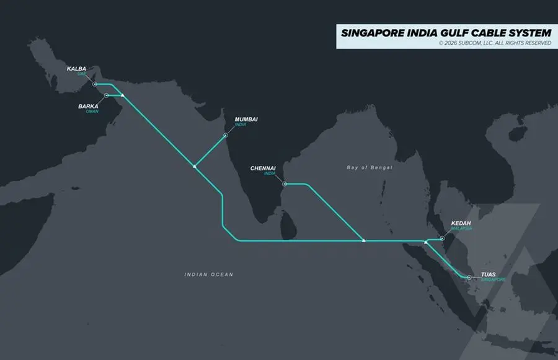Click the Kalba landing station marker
tap(94, 84)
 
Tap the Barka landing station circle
tap(107, 95)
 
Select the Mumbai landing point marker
tap(226, 134)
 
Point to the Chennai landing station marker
tap(284, 183)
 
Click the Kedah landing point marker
tap(442, 238)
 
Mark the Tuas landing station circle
tap(469, 277)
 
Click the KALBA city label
tap(76, 69)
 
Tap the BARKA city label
tap(88, 106)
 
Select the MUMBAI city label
tap(246, 119)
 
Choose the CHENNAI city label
tap(263, 168)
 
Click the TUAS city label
tap(489, 274)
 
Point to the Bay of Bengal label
tap(370, 167)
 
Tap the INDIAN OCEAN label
tap(209, 274)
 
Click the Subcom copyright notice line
tap(494, 43)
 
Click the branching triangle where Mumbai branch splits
tap(195, 165)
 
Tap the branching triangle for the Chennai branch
tap(364, 240)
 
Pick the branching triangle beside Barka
tap(123, 95)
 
